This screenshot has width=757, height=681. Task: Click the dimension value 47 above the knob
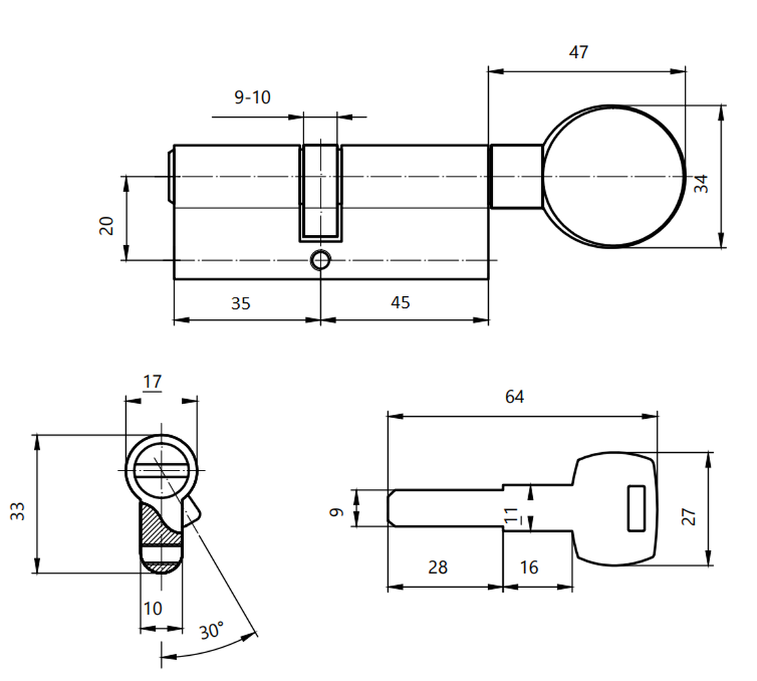[x=579, y=52]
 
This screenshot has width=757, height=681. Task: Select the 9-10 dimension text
[x=252, y=97]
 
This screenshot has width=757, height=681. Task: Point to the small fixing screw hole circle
[x=320, y=260]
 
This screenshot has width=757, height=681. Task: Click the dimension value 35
[x=240, y=304]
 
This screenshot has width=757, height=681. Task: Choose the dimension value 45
[x=400, y=303]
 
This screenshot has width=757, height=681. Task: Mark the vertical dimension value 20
[x=106, y=225]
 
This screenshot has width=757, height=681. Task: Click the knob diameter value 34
[x=700, y=184]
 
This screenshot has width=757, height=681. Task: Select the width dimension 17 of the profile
[x=152, y=382]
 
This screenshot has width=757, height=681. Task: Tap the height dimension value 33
[x=18, y=511]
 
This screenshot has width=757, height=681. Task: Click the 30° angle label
[x=212, y=631]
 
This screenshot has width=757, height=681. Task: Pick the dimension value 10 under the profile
[x=152, y=609]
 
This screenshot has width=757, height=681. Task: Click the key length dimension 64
[x=514, y=397]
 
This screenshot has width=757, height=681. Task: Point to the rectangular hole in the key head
[x=637, y=508]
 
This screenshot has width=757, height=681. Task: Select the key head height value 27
[x=688, y=516]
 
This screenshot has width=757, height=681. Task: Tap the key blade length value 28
[x=438, y=567]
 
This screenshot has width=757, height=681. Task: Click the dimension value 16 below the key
[x=529, y=567]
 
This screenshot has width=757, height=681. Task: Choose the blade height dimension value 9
[x=336, y=512]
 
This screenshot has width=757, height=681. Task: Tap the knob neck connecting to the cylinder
[x=515, y=176]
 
